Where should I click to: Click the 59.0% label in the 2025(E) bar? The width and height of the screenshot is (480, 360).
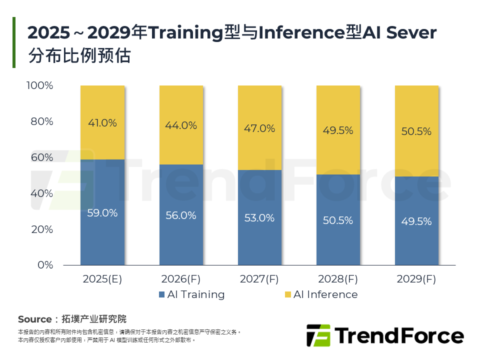pyautogui.click(x=102, y=213)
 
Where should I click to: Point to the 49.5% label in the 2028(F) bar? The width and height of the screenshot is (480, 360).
pyautogui.click(x=338, y=130)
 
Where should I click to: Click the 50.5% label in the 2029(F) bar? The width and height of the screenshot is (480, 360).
pyautogui.click(x=416, y=132)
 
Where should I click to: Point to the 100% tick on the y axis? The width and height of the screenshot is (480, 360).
pyautogui.click(x=40, y=85)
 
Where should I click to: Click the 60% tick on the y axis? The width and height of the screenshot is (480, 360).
pyautogui.click(x=42, y=157)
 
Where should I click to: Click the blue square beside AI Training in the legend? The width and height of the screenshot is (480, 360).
pyautogui.click(x=161, y=294)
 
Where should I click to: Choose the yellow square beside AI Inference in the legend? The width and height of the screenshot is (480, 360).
pyautogui.click(x=287, y=294)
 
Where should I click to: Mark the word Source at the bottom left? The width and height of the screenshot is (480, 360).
pyautogui.click(x=34, y=319)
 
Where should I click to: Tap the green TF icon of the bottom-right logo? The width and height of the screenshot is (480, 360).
pyautogui.click(x=318, y=335)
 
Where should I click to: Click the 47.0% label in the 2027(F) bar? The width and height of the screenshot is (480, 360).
pyautogui.click(x=259, y=128)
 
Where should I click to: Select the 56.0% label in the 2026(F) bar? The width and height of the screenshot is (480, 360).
pyautogui.click(x=181, y=216)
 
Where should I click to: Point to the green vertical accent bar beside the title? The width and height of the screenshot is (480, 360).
pyautogui.click(x=14, y=42)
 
